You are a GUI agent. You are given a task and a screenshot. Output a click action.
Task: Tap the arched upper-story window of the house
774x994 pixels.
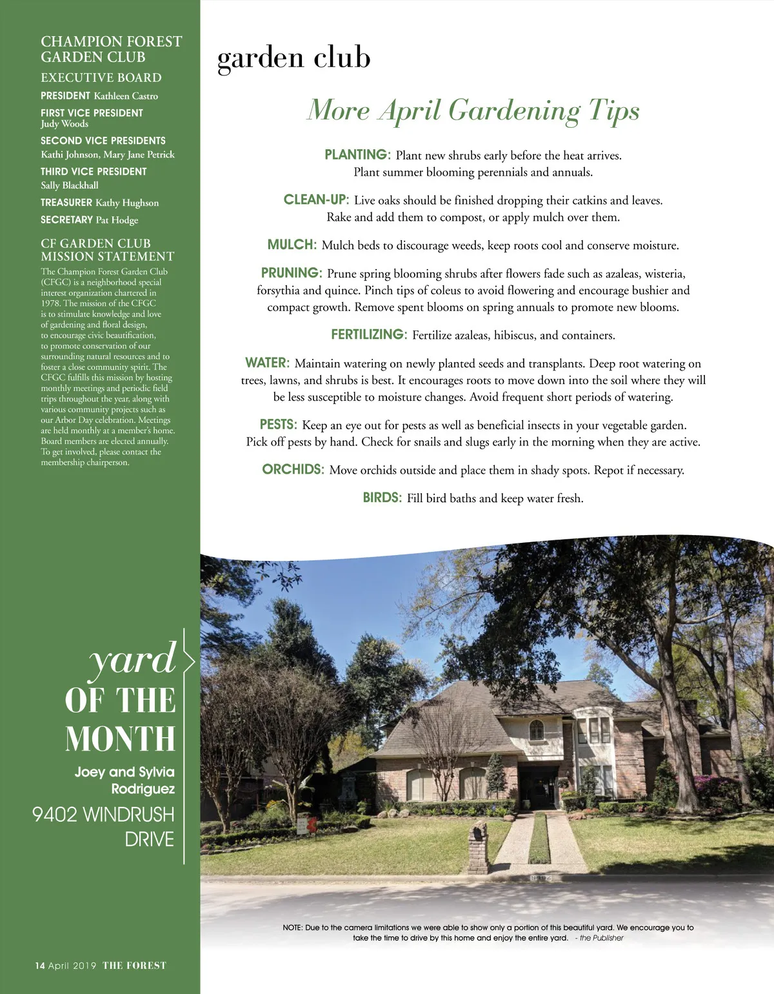pyautogui.click(x=536, y=730)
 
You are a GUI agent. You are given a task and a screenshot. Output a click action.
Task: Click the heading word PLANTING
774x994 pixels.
pyautogui.click(x=357, y=155)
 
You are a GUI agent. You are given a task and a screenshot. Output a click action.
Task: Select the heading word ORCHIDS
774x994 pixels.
pyautogui.click(x=293, y=469)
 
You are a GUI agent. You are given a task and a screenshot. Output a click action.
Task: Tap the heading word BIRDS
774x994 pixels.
pyautogui.click(x=382, y=498)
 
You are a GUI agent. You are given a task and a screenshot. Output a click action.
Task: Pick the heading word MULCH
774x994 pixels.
pyautogui.click(x=292, y=245)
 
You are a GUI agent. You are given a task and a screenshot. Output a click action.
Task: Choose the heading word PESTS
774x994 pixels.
pyautogui.click(x=278, y=425)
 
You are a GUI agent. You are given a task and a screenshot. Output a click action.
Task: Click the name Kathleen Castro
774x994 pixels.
pyautogui.click(x=126, y=96)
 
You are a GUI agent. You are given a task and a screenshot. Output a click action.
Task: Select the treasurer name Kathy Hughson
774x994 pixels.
pyautogui.click(x=127, y=203)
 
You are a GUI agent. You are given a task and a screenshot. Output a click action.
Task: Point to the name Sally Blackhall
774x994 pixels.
pyautogui.click(x=70, y=185)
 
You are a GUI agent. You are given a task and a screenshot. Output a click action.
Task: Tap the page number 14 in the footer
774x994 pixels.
pyautogui.click(x=40, y=966)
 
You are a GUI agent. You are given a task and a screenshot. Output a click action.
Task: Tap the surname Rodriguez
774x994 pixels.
pyautogui.click(x=143, y=789)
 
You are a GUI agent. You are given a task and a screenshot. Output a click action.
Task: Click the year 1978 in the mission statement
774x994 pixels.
pyautogui.click(x=51, y=303)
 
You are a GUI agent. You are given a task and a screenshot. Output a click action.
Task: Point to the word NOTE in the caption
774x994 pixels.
pyautogui.click(x=292, y=928)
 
